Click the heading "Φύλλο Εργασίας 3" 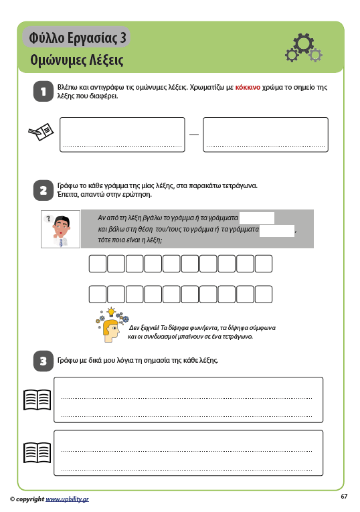tap(78, 37)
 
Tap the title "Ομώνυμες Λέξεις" tap(77, 60)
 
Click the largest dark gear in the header tap(303, 43)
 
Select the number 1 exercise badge tap(43, 92)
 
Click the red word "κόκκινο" tap(248, 87)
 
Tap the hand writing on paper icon tap(41, 132)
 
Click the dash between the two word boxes tap(194, 135)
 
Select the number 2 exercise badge tap(43, 190)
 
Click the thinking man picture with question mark tap(60, 229)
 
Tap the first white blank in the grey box tap(256, 218)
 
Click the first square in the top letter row tap(98, 264)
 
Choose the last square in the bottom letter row tap(264, 294)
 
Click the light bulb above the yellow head tap(111, 311)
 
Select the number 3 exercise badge tap(43, 361)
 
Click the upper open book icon tap(37, 400)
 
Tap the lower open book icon tap(37, 452)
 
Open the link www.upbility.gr tap(67, 499)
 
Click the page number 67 tap(344, 497)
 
